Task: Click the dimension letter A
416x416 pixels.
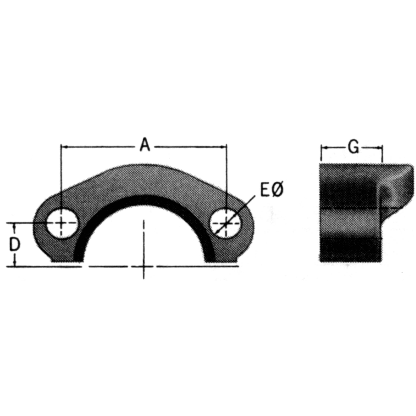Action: coord(144,144)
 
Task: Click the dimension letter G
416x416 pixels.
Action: coord(353,147)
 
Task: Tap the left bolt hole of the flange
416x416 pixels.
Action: coord(61,223)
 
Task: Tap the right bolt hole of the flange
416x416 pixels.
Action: coord(226,223)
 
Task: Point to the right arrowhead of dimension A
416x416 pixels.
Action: coord(225,145)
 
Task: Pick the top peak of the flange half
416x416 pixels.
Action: coord(144,166)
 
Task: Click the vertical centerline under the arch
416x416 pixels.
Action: coord(144,250)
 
